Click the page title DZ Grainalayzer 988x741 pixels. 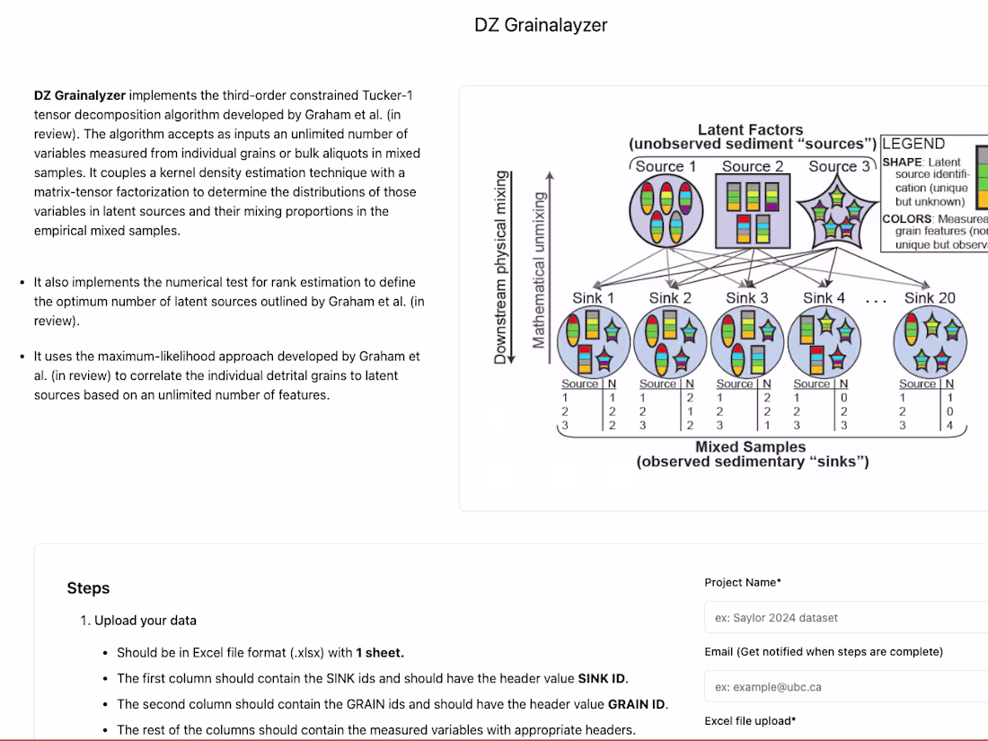point(541,25)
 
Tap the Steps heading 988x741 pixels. point(88,588)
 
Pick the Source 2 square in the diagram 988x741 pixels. point(753,212)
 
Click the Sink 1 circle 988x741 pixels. point(594,342)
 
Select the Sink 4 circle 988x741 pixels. point(824,342)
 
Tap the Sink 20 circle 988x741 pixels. point(930,342)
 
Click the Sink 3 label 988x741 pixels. point(747,297)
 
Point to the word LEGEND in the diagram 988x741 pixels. point(913,144)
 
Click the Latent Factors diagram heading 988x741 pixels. point(750,130)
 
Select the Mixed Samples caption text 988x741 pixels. point(751,446)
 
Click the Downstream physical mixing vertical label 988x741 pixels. point(500,267)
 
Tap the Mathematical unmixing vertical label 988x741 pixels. point(539,269)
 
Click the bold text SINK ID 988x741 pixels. point(603,678)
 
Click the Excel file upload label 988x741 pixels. point(750,720)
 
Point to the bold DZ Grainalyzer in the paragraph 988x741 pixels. point(80,94)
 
